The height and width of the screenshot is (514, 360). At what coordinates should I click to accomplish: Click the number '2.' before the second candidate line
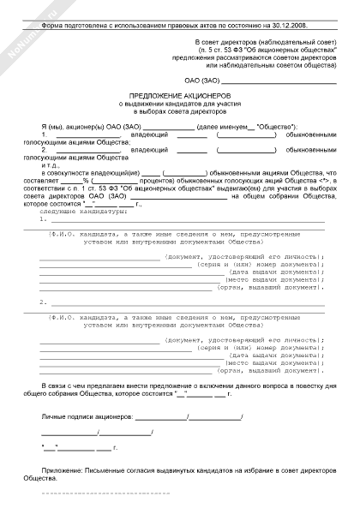43,302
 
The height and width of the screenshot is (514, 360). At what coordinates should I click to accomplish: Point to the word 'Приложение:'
63,471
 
